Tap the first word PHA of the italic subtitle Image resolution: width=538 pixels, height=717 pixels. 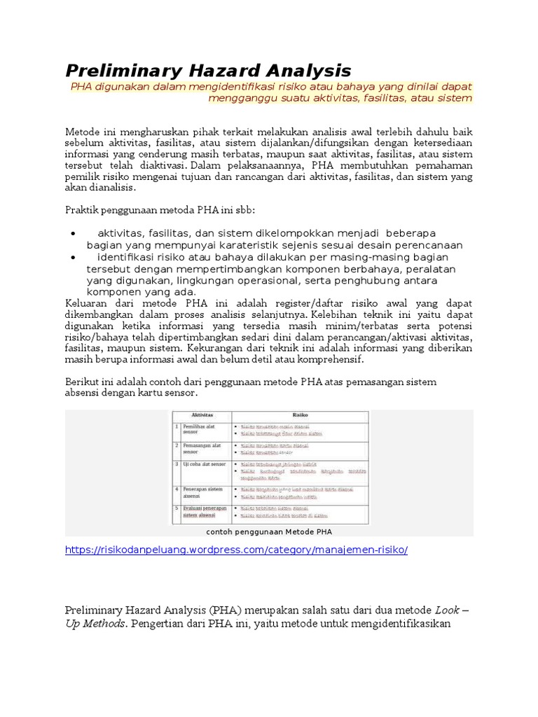[x=82, y=86]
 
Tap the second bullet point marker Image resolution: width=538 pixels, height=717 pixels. [x=74, y=258]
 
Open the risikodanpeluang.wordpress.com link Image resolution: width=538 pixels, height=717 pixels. [x=236, y=550]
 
